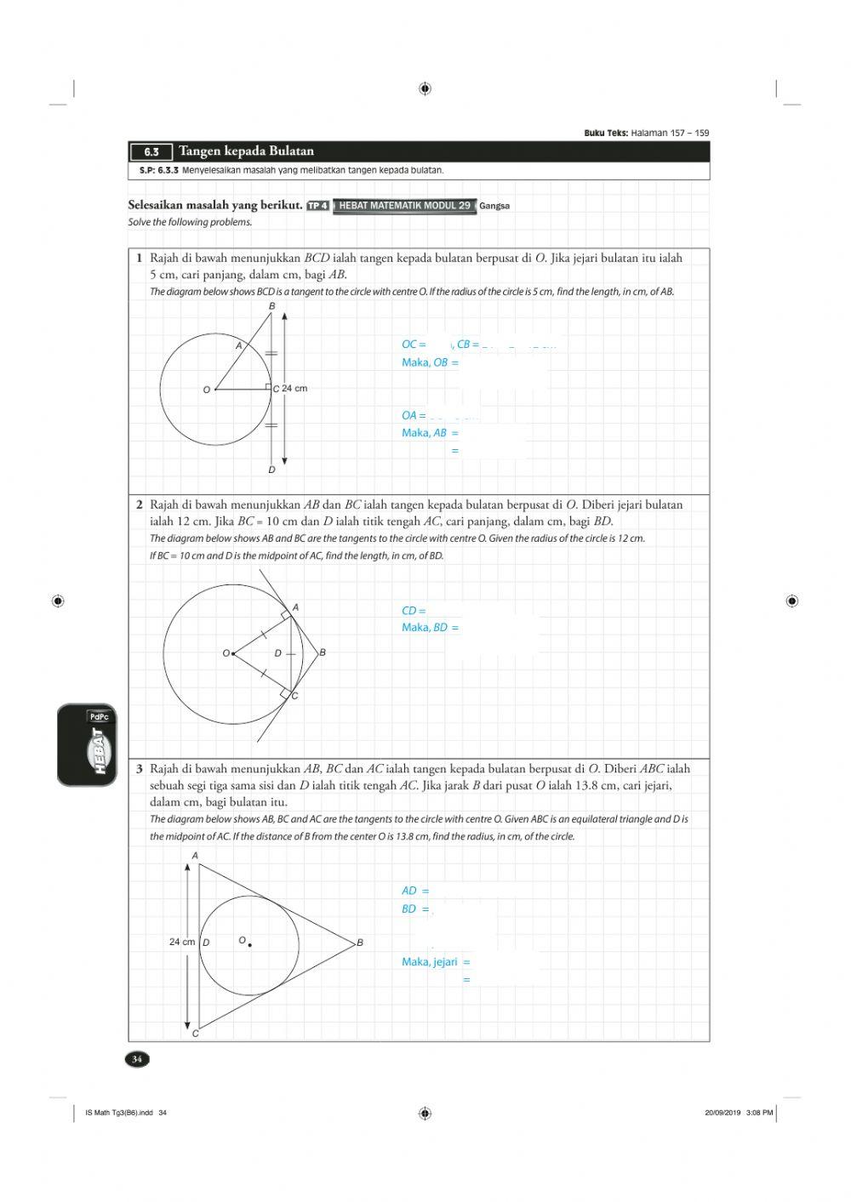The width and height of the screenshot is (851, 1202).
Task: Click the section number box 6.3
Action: click(x=151, y=152)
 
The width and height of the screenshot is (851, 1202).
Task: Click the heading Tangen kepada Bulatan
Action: click(x=246, y=151)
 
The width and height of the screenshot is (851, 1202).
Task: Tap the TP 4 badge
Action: click(x=317, y=206)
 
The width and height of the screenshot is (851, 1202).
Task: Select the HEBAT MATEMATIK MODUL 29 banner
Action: click(x=404, y=206)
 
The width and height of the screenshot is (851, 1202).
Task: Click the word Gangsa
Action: click(x=494, y=206)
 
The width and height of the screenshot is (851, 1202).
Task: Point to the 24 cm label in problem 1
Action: click(x=294, y=389)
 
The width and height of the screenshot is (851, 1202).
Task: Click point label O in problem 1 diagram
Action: click(x=206, y=390)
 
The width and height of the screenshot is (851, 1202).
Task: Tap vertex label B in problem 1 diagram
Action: click(x=272, y=306)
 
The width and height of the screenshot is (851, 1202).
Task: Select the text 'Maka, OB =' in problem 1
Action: click(x=430, y=362)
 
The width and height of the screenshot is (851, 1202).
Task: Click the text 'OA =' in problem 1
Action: click(x=414, y=415)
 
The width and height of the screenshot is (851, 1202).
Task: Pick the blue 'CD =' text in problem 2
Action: click(x=414, y=611)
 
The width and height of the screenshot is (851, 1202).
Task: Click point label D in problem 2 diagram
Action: click(x=277, y=653)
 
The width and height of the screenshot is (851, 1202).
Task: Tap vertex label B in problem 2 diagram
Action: click(x=323, y=652)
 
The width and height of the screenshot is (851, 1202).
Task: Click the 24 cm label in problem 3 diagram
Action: click(x=182, y=942)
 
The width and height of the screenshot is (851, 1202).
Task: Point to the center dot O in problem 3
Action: click(x=249, y=944)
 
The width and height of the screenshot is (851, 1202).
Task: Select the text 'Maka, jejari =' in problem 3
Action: click(x=436, y=962)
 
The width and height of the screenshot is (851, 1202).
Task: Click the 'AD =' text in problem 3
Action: click(x=415, y=891)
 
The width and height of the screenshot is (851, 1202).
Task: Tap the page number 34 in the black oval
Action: click(x=136, y=1059)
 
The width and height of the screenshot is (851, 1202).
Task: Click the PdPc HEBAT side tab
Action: click(x=87, y=745)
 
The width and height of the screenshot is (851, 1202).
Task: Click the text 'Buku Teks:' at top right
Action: click(x=606, y=133)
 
